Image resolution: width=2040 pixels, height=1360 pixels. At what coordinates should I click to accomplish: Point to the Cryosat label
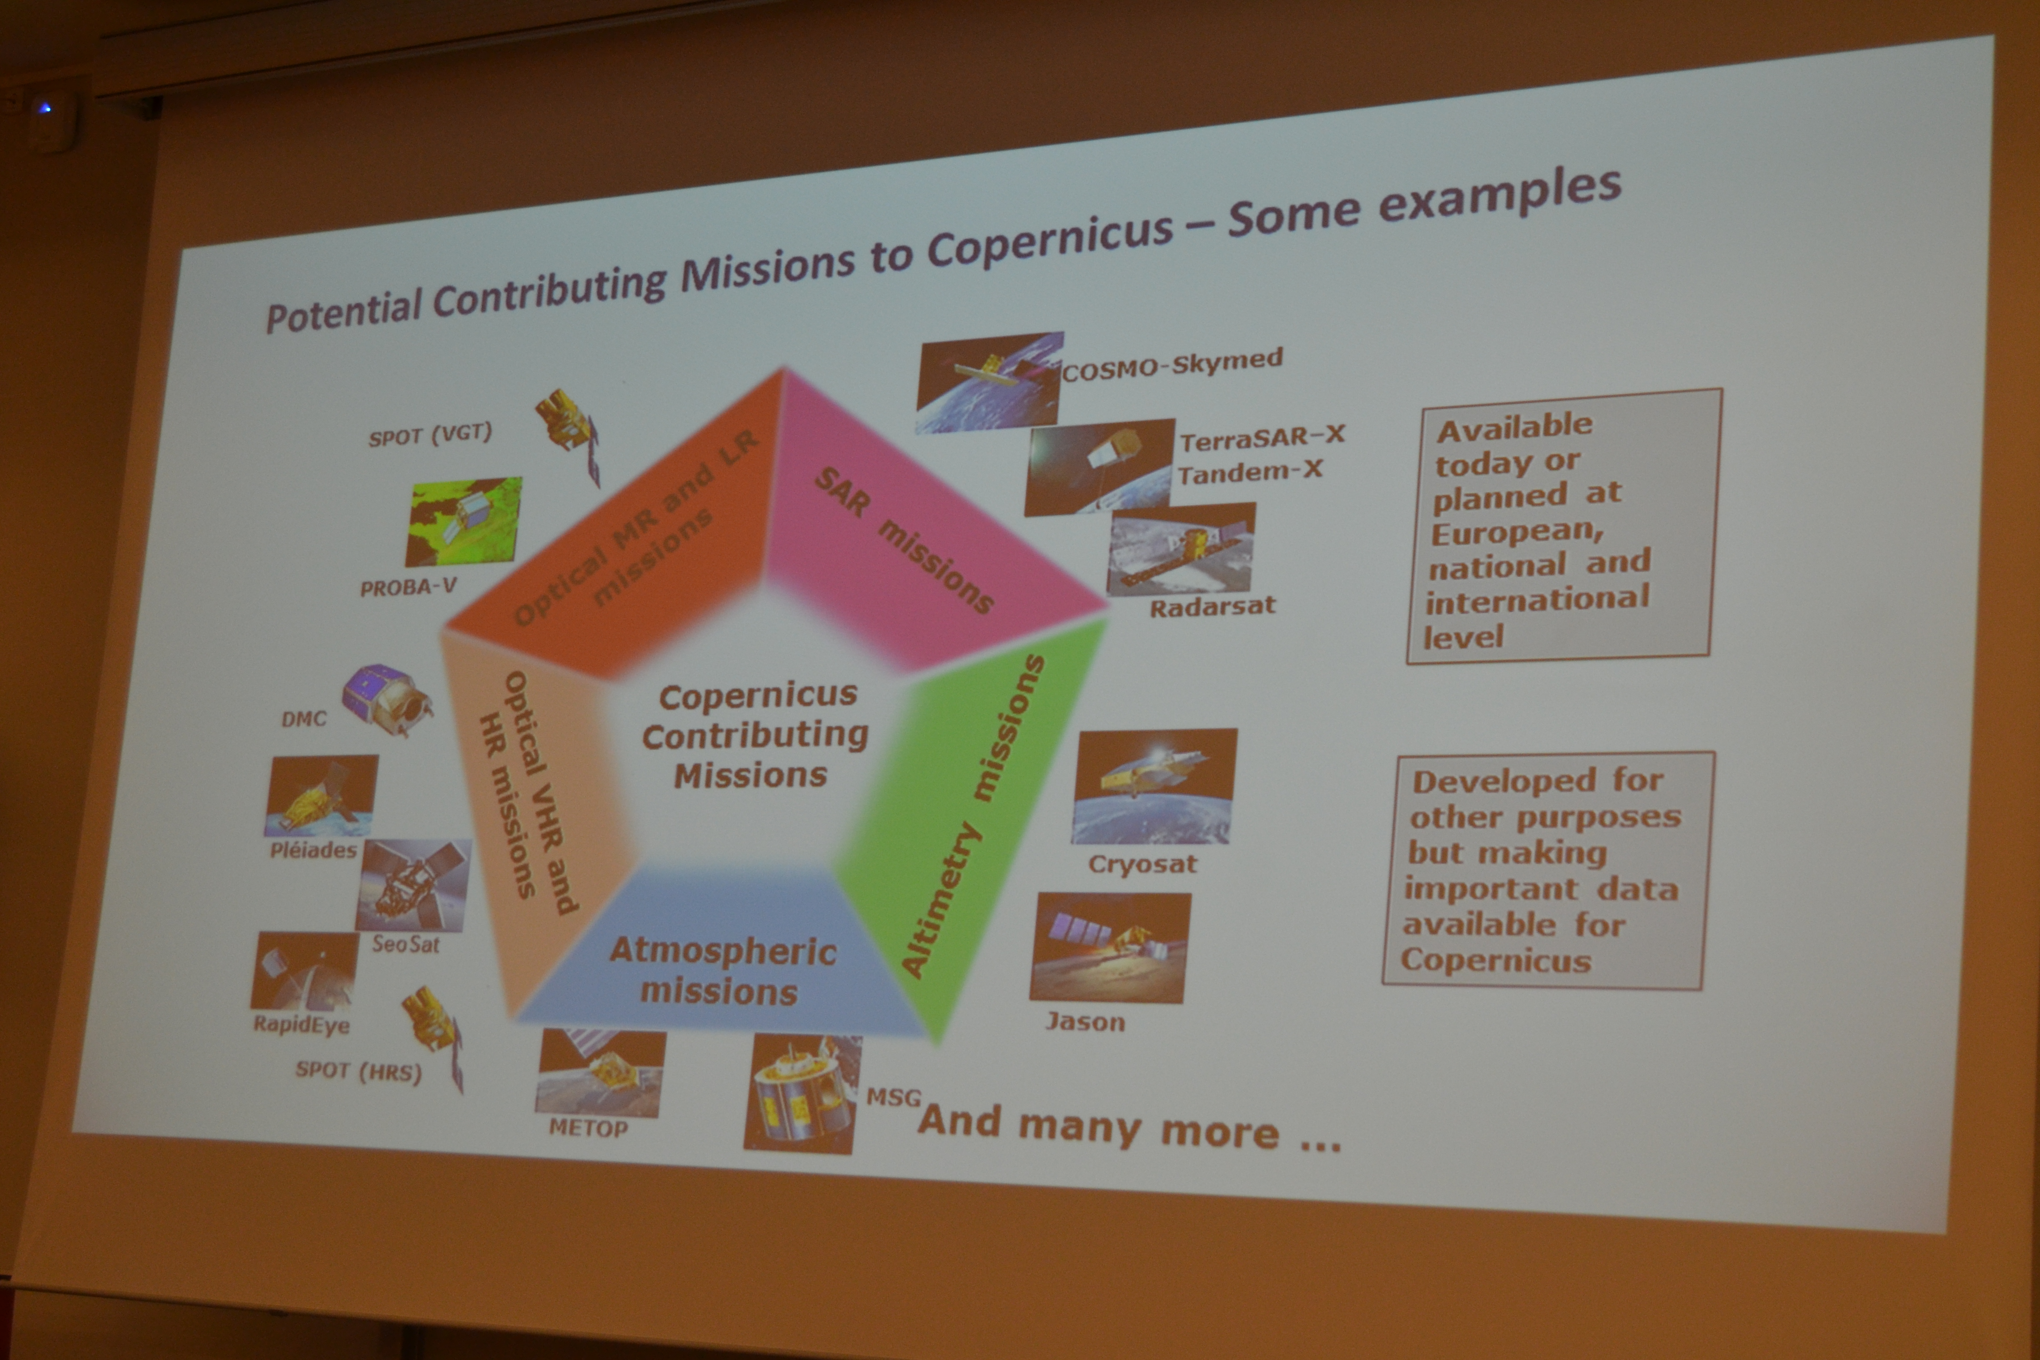point(1142,864)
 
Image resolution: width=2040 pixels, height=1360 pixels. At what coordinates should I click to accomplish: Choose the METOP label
point(588,1128)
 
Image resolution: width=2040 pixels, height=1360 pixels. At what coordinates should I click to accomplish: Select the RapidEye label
point(301,1024)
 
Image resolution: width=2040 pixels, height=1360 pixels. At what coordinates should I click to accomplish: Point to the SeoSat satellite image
point(413,885)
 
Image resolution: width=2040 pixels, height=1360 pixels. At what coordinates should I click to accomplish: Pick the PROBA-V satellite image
point(464,521)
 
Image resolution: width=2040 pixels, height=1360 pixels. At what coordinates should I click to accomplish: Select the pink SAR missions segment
point(920,529)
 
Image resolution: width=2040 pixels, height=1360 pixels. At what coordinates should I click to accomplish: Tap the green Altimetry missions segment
point(971,824)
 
